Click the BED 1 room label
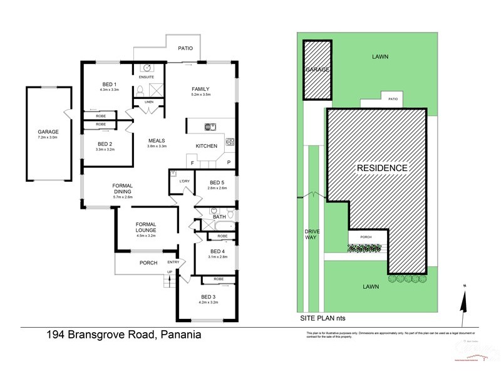pyautogui.click(x=110, y=84)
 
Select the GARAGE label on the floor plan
pyautogui.click(x=48, y=132)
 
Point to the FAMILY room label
pyautogui.click(x=200, y=89)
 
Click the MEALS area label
pyautogui.click(x=156, y=140)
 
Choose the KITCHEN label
pyautogui.click(x=207, y=146)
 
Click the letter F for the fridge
pyautogui.click(x=192, y=163)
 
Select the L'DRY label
pyautogui.click(x=184, y=182)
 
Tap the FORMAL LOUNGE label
pyautogui.click(x=146, y=227)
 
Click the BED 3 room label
pyautogui.click(x=209, y=296)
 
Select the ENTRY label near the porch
pyautogui.click(x=173, y=263)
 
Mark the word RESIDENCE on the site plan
pyautogui.click(x=382, y=168)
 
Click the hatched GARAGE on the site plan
pyautogui.click(x=316, y=70)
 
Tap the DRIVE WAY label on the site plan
pyautogui.click(x=312, y=234)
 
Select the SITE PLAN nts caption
pyautogui.click(x=323, y=318)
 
